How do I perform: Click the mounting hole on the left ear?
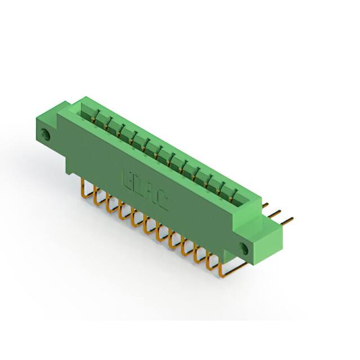click(46, 134)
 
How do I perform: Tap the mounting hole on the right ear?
click(244, 248)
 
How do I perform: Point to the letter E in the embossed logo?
click(128, 179)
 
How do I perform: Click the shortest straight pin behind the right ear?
click(265, 206)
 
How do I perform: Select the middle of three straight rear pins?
click(276, 213)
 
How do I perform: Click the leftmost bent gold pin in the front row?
click(85, 187)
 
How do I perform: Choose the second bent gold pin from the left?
click(97, 195)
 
